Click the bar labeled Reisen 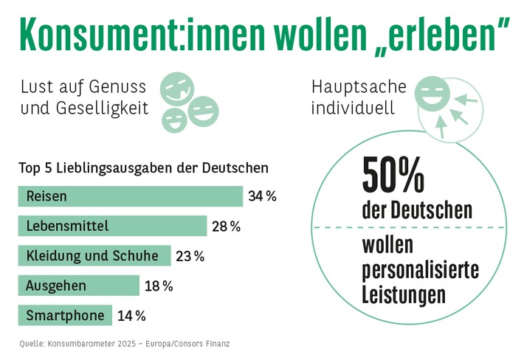pyautogui.click(x=130, y=196)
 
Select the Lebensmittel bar pyautogui.click(x=112, y=226)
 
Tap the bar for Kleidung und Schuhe pyautogui.click(x=94, y=256)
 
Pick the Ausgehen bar pyautogui.click(x=78, y=285)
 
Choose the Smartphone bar pyautogui.click(x=65, y=316)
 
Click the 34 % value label pyautogui.click(x=263, y=196)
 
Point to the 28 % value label pyautogui.click(x=227, y=226)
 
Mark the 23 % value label pyautogui.click(x=190, y=257)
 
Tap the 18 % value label pyautogui.click(x=159, y=286)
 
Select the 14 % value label pyautogui.click(x=131, y=316)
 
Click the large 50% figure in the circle pyautogui.click(x=393, y=176)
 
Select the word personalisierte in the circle pyautogui.click(x=420, y=269)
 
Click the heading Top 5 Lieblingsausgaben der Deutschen pyautogui.click(x=143, y=167)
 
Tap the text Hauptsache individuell pyautogui.click(x=358, y=97)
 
